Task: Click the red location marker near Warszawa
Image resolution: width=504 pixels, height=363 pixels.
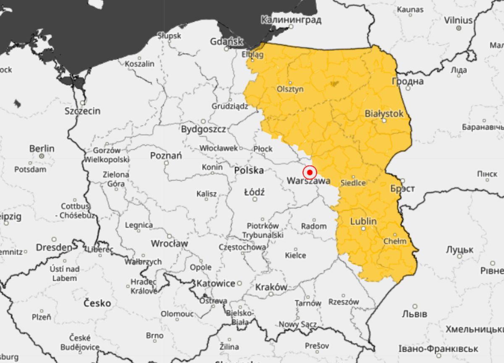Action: pyautogui.click(x=310, y=172)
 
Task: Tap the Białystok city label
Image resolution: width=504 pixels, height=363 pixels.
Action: pyautogui.click(x=384, y=114)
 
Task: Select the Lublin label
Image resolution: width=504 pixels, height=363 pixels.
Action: pyautogui.click(x=363, y=222)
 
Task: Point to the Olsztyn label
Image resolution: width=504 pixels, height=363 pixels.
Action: pyautogui.click(x=290, y=89)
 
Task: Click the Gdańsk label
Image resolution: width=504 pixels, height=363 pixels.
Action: pyautogui.click(x=227, y=42)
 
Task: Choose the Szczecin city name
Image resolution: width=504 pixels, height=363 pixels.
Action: pyautogui.click(x=82, y=111)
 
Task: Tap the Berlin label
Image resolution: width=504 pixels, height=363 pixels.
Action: pyautogui.click(x=42, y=148)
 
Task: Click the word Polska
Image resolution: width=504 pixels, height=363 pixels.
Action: pyautogui.click(x=249, y=170)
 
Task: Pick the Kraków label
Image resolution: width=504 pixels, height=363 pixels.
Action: pyautogui.click(x=271, y=287)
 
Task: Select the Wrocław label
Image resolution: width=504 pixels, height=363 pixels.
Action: pyautogui.click(x=169, y=244)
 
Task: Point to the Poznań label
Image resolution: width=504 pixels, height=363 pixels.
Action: pyautogui.click(x=166, y=156)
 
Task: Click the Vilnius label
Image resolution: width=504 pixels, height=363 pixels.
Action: pyautogui.click(x=458, y=20)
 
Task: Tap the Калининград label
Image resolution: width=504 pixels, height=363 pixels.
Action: pyautogui.click(x=291, y=20)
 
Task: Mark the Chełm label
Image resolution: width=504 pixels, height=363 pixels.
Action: pyautogui.click(x=395, y=241)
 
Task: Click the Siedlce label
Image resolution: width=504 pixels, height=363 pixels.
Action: pyautogui.click(x=353, y=183)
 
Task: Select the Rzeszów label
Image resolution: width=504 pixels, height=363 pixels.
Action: pyautogui.click(x=344, y=302)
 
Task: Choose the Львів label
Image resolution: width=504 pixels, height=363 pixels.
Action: pyautogui.click(x=415, y=314)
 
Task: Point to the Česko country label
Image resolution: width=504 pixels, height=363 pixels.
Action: pyautogui.click(x=97, y=303)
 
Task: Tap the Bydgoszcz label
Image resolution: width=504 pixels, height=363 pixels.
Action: pyautogui.click(x=203, y=129)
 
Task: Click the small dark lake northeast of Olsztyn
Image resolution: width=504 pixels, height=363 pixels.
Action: pyautogui.click(x=335, y=84)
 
